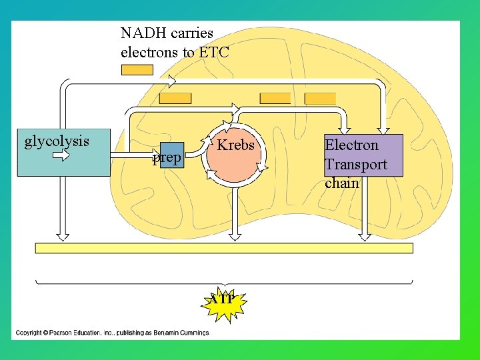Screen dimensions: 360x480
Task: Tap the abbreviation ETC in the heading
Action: pos(213,51)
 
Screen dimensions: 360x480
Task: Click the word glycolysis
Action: pos(57,141)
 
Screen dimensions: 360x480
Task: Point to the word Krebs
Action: pos(236,145)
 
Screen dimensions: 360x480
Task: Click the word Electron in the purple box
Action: pos(351,145)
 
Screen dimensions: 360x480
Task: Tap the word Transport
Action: pos(355,164)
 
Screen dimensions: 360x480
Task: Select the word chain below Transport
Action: pos(342,183)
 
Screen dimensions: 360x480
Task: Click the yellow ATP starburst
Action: pos(223,301)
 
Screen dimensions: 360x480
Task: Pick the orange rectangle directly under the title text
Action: pos(137,70)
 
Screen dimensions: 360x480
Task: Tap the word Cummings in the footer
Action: pos(193,332)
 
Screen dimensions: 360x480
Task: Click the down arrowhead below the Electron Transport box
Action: pos(364,235)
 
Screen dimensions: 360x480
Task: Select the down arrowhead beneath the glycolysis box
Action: pos(62,235)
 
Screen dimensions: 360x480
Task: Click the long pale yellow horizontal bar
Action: pos(224,248)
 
